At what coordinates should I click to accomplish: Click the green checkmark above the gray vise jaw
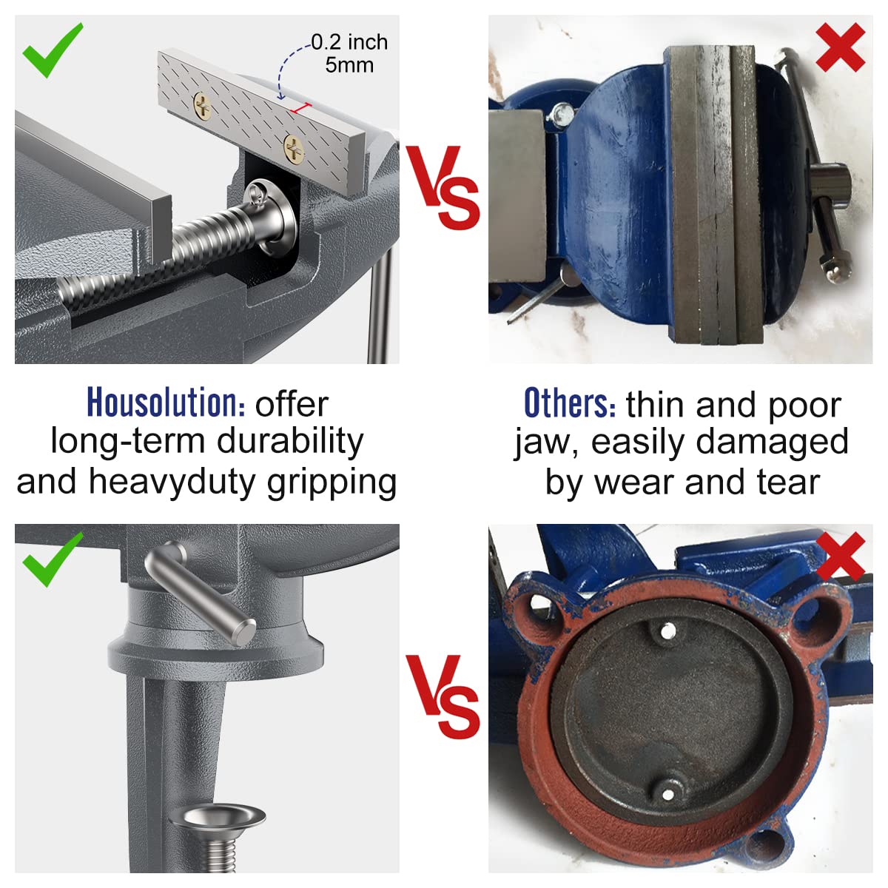(x=53, y=50)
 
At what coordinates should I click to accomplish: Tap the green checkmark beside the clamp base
(x=53, y=560)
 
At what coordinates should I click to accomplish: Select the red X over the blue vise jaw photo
(x=840, y=47)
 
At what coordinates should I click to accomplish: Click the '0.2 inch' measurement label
(x=349, y=42)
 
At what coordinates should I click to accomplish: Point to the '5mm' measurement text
(x=349, y=65)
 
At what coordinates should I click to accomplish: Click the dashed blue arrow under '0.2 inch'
(x=285, y=70)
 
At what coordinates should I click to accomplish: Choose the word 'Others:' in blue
(x=569, y=404)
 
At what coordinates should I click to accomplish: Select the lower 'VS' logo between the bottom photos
(x=443, y=696)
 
